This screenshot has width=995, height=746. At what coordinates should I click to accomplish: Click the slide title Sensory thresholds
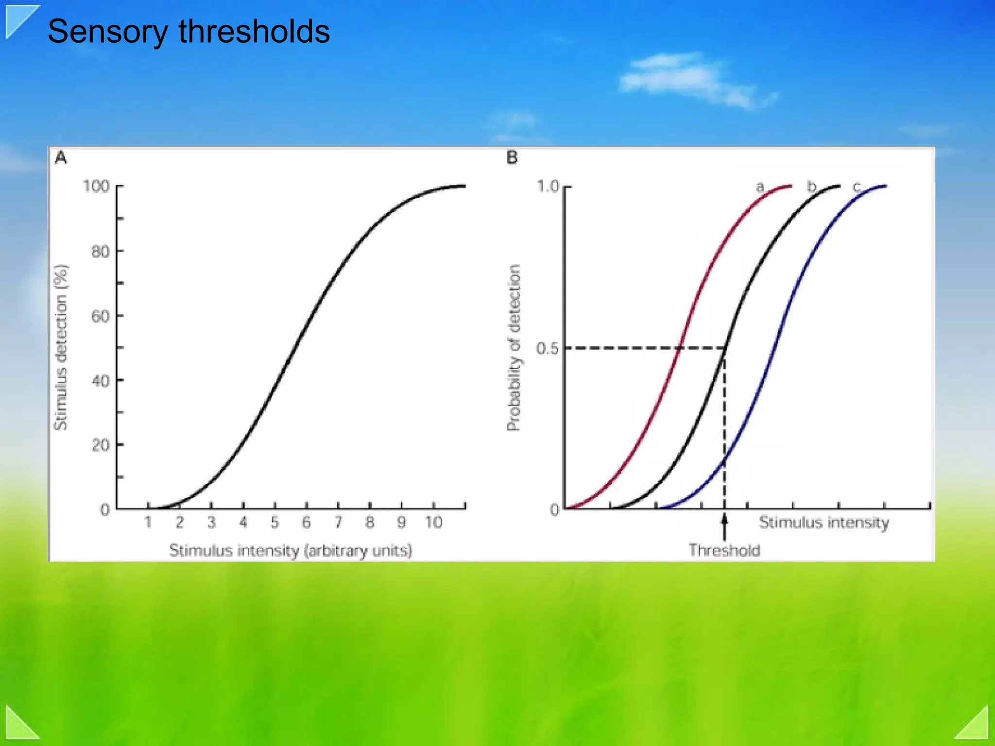189,32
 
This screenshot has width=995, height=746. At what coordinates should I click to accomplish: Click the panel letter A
61,158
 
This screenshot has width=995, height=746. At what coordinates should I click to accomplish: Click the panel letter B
512,158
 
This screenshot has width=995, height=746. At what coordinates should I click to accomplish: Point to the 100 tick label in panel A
96,186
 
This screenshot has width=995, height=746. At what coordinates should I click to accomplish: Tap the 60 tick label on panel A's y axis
100,316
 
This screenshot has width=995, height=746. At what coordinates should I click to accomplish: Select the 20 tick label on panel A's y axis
100,445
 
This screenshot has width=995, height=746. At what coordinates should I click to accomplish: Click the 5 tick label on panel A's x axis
274,523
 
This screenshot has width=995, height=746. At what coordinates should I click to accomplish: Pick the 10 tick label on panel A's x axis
433,523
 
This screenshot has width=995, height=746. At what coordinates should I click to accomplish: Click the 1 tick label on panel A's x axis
148,523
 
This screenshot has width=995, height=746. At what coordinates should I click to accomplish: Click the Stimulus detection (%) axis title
61,347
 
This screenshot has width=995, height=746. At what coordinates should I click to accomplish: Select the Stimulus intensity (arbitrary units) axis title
291,551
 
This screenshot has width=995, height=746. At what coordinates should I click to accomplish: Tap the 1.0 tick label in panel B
547,186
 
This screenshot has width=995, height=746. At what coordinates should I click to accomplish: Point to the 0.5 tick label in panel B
547,348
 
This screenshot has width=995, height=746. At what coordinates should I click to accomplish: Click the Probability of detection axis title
514,347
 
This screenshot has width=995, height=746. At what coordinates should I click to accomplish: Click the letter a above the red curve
760,186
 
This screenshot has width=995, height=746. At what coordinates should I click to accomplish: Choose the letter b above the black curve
811,186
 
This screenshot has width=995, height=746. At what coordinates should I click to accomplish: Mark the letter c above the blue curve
857,186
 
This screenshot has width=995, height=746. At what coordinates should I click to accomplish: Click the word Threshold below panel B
724,550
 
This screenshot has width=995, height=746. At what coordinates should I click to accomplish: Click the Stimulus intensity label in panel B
824,523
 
